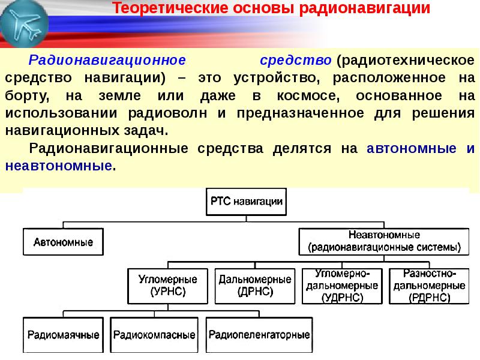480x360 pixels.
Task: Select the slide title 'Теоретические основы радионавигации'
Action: (272, 9)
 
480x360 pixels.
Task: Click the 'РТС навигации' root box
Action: (246, 202)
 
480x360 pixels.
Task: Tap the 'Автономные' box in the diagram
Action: (62, 242)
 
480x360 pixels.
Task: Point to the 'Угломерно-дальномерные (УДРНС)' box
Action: (341, 286)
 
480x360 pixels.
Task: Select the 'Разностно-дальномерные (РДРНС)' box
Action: (427, 286)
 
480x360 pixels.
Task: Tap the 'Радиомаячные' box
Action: (62, 334)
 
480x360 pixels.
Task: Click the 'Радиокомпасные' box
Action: (154, 334)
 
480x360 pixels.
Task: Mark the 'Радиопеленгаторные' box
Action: (258, 334)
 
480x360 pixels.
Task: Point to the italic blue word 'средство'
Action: (296, 61)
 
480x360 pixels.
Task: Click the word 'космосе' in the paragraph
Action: (311, 96)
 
